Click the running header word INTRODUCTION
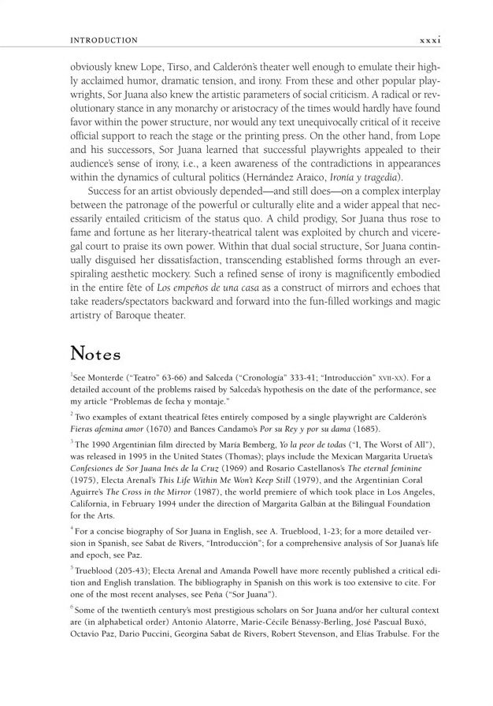click(104, 40)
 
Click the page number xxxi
click(430, 39)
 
